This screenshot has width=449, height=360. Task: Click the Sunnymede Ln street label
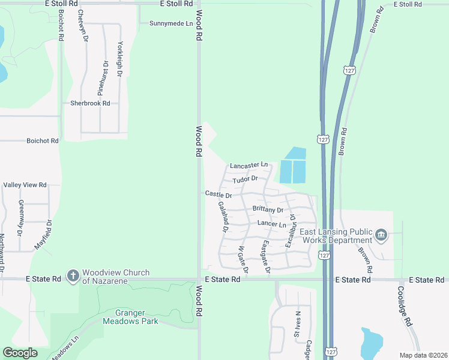(x=171, y=23)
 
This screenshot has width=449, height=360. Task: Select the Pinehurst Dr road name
(x=103, y=78)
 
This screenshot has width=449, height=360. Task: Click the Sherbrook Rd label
(x=90, y=103)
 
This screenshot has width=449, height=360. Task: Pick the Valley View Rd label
(x=25, y=185)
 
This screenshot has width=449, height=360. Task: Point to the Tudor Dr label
(x=246, y=179)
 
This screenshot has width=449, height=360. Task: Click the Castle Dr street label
(x=218, y=194)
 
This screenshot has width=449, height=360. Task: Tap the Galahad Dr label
(x=223, y=217)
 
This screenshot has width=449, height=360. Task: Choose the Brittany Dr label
(x=268, y=209)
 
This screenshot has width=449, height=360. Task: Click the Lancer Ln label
(x=272, y=224)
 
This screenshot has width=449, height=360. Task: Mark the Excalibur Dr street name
(x=291, y=232)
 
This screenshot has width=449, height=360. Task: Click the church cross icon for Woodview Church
(x=73, y=276)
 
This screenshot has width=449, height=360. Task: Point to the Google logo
(x=20, y=353)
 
